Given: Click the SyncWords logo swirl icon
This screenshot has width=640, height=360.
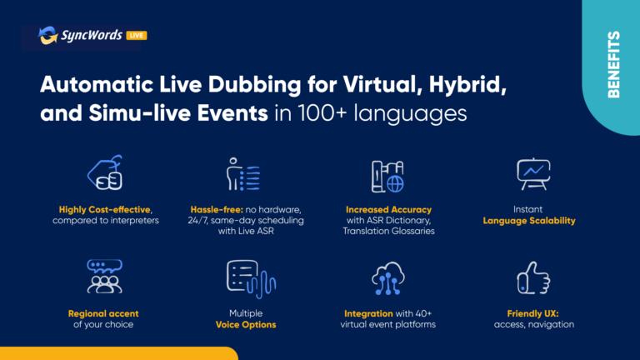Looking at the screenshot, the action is tap(47, 35).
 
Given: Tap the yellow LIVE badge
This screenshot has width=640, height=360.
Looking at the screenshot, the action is tap(137, 36).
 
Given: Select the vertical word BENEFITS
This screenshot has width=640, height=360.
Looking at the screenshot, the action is tap(613, 64).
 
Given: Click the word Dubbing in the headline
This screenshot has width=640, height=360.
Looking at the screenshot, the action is tap(254, 85).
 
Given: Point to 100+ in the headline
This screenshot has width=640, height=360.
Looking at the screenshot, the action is tap(322, 113).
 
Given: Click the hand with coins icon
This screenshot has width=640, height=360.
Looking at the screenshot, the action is tap(105, 172).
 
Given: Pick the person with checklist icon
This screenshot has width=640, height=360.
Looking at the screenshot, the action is tap(243, 174).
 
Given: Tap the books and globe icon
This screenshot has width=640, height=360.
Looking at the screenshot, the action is tap(387, 177).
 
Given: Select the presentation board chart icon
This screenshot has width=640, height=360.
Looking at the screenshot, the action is tap(533, 174).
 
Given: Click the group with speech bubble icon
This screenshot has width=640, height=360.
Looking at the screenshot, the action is tap(104, 277).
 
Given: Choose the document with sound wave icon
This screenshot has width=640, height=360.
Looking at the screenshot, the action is tap(251, 279).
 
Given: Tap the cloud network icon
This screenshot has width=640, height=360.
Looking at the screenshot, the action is tap(388, 278).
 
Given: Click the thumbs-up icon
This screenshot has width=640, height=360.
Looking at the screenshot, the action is tap(533, 278).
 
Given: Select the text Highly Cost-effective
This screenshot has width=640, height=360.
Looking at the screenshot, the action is tap(104, 210).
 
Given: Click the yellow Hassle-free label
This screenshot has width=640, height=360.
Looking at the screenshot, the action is tap(217, 210).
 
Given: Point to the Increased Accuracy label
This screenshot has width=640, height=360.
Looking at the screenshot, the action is tap(388, 210).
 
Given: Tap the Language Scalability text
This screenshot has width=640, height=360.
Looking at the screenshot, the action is tap(529, 221).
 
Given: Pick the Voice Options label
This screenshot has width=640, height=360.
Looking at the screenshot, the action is tap(246, 325).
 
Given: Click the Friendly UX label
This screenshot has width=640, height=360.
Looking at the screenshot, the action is tap(532, 314).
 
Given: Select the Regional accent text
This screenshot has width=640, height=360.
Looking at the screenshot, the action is tap(103, 314).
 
